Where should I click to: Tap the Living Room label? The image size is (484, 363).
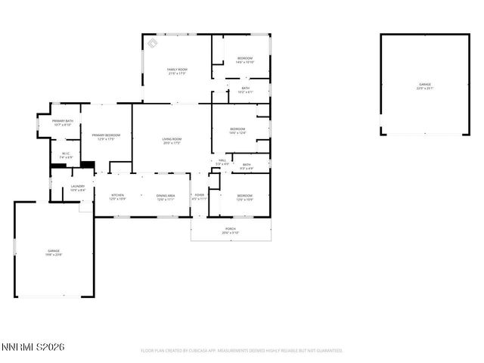coord(172,140)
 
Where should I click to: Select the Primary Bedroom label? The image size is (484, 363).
coord(107,136)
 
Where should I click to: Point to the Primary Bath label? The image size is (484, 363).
coord(63,123)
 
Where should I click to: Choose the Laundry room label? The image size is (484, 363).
coord(77,188)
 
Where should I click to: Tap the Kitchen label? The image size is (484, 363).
coord(117,197)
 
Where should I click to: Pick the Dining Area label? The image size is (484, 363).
coord(166,197)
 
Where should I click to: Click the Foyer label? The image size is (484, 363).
coord(200,197)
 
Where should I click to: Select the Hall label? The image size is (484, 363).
coord(223,161)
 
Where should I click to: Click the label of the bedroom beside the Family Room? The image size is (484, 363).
coord(245,60)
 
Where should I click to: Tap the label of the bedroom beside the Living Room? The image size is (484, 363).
coord(237,130)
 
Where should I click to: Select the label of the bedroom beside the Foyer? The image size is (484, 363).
coord(244,197)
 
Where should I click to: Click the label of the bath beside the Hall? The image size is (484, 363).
coord(247,166)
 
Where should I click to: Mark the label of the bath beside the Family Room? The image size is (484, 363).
coord(246,89)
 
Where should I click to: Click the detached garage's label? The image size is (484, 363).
coord(424,85)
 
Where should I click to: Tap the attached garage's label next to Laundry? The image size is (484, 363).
coord(54,252)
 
